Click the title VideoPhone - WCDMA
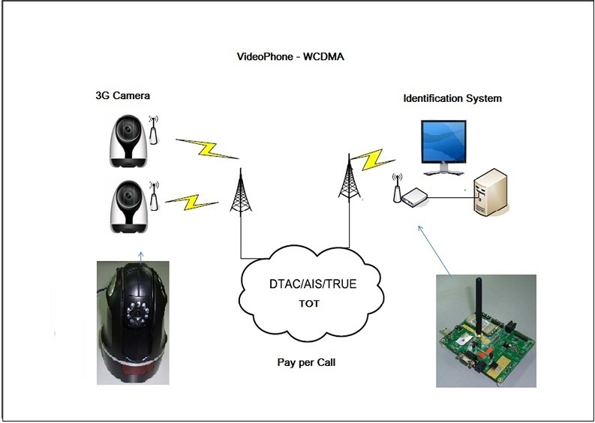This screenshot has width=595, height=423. click(x=290, y=56)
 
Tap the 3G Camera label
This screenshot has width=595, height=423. click(x=122, y=95)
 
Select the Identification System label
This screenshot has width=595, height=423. click(x=452, y=99)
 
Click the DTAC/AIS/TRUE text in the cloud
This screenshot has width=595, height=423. click(x=313, y=283)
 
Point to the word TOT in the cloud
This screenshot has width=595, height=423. click(x=309, y=304)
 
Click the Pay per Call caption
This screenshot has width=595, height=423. click(x=306, y=362)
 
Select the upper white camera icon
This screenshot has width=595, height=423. click(x=128, y=141)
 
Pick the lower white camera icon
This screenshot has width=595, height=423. click(x=128, y=207)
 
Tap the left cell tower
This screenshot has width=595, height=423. click(x=241, y=192)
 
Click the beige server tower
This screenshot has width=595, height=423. click(x=491, y=192)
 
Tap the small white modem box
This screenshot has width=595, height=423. click(x=415, y=197)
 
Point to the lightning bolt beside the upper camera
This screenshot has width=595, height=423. click(x=207, y=149)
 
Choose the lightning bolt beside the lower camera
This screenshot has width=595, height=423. click(x=191, y=202)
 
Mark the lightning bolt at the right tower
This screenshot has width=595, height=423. click(x=373, y=160)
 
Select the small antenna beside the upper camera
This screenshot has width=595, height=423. click(x=153, y=130)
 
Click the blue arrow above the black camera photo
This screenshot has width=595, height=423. click(x=141, y=257)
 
